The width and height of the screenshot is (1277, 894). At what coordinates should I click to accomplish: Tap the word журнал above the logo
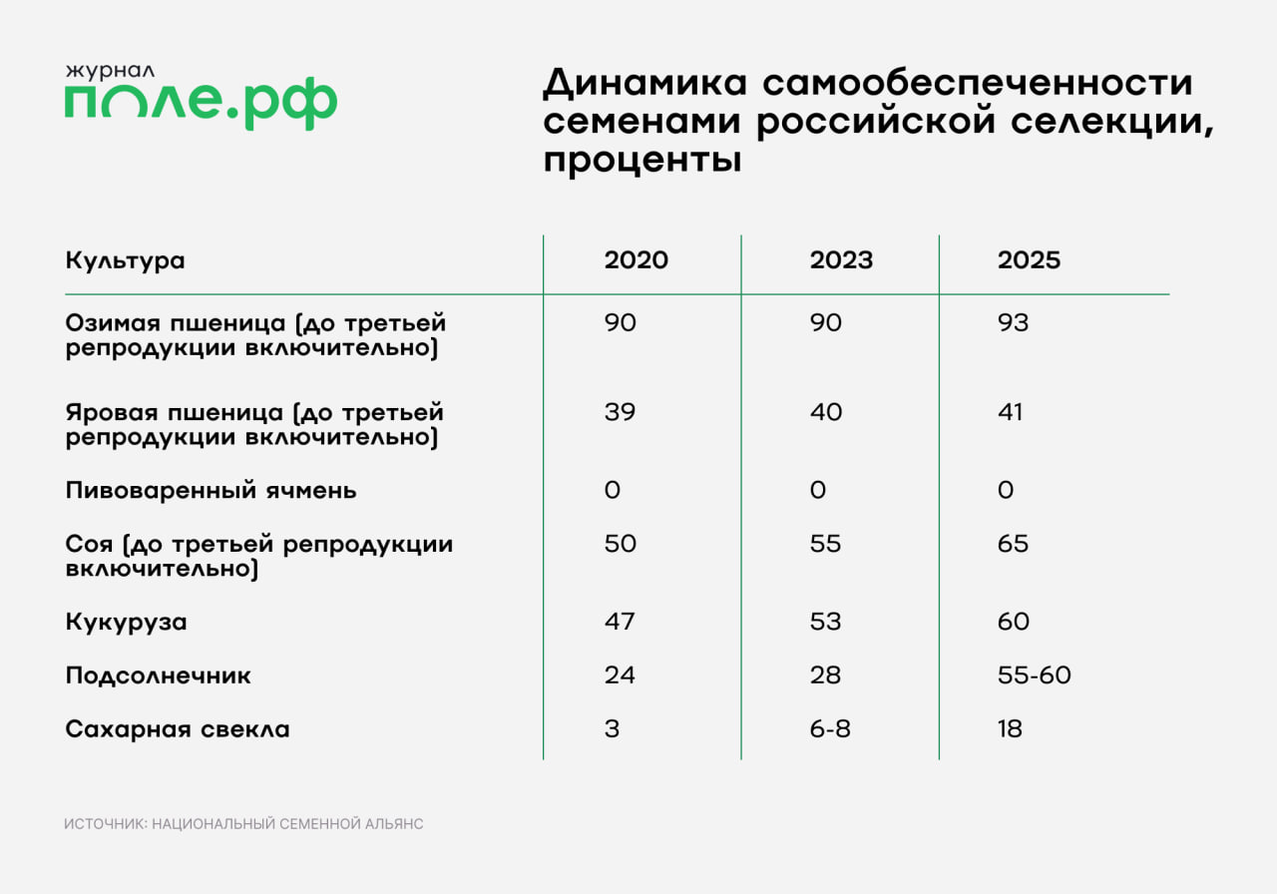(111, 71)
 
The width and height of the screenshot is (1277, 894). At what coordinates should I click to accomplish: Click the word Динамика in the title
(641, 85)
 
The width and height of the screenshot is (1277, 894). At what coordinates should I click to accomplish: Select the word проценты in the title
(641, 161)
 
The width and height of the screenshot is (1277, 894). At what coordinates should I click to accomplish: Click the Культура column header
(125, 260)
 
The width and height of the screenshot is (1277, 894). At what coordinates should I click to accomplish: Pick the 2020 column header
(636, 260)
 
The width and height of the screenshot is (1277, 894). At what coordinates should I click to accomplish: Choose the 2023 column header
(841, 260)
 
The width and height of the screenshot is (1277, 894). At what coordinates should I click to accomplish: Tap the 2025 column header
(1029, 260)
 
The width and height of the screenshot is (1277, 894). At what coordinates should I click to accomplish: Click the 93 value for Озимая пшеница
(1013, 323)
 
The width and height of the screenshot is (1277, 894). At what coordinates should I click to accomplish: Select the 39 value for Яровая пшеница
(620, 413)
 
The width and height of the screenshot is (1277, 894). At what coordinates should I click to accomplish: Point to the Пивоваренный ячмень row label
(211, 491)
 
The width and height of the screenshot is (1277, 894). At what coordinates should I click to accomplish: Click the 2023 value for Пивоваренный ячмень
(817, 491)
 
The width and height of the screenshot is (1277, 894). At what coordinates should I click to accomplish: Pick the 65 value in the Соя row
(1013, 545)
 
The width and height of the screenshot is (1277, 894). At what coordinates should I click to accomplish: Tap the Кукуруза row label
(126, 623)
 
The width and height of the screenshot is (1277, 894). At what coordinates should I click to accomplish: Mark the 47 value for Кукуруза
(620, 623)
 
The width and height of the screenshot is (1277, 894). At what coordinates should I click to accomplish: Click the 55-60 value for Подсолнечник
(1034, 676)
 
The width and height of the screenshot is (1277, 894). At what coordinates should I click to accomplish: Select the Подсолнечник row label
(158, 676)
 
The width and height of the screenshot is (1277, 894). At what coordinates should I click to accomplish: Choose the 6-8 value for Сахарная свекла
(830, 730)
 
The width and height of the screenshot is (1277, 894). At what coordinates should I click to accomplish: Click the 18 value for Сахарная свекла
(1010, 730)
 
